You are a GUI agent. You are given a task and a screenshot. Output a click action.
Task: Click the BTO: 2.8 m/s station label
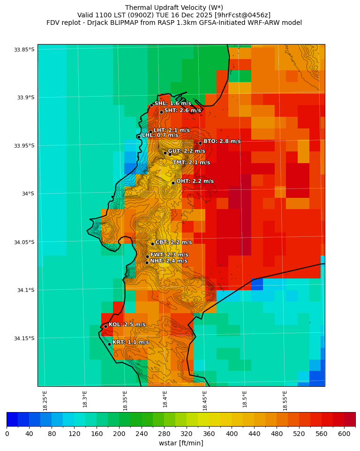tap(222, 141)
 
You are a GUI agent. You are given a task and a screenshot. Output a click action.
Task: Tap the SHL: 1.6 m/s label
tap(172, 103)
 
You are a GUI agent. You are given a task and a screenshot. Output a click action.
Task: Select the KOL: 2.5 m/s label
tap(127, 324)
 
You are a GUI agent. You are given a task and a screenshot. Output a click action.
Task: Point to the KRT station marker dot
tap(109, 344)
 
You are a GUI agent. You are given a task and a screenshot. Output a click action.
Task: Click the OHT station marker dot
tap(173, 183)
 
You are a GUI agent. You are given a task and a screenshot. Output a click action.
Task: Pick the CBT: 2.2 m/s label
tap(173, 242)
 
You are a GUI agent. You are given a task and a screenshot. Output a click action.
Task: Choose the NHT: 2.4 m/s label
tap(168, 261)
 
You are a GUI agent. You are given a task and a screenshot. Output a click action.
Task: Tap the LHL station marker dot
tap(139, 137)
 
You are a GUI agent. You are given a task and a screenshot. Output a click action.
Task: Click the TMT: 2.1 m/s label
tap(191, 163)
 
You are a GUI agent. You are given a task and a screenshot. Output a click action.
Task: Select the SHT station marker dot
tap(161, 112)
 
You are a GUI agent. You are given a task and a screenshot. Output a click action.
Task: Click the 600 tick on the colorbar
tap(344, 434)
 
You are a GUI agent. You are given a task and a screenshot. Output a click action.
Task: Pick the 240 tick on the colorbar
tap(142, 434)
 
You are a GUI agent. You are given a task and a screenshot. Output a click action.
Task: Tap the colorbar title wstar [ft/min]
tap(181, 443)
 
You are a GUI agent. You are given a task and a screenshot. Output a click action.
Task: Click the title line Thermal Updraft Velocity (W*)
tap(174, 8)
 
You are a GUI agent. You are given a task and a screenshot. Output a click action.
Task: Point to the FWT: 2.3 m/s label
tap(169, 255)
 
